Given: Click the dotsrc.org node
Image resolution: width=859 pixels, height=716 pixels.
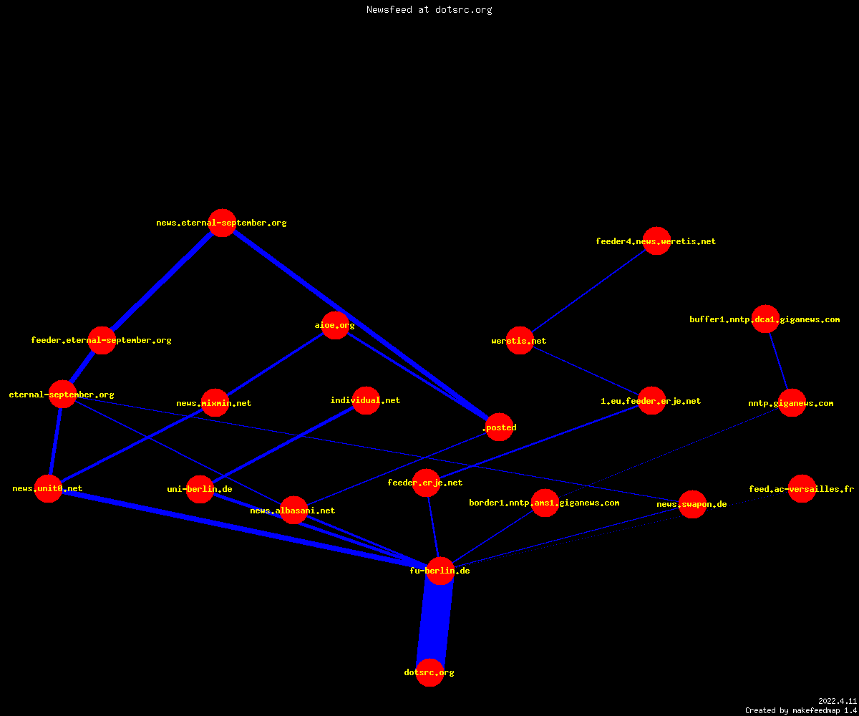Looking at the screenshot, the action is tap(429, 672).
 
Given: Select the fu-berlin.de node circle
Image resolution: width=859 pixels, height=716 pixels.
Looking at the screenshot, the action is tap(440, 571).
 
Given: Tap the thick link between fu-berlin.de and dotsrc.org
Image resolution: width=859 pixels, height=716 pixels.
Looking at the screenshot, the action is tap(435, 621).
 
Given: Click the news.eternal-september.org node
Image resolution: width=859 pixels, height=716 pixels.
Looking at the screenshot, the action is tap(222, 223).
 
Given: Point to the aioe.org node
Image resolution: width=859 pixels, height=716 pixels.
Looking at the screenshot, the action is tap(335, 325).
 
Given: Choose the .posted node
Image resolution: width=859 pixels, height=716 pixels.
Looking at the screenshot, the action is tap(499, 427).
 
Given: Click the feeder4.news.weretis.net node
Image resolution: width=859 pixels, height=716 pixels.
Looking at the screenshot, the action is tap(656, 241).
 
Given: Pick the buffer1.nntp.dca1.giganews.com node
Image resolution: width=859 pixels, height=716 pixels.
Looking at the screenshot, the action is tap(765, 319).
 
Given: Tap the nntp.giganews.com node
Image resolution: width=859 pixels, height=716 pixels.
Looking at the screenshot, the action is tap(792, 403).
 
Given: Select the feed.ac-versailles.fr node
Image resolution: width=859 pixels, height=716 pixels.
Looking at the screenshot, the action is tap(802, 489).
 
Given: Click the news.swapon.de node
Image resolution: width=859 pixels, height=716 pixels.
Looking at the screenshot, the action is tap(692, 504).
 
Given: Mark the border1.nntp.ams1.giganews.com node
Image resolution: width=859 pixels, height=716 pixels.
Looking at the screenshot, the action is tap(545, 503).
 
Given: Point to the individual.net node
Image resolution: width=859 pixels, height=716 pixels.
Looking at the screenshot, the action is tap(366, 400).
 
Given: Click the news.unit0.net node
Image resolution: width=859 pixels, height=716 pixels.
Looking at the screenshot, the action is tap(48, 488).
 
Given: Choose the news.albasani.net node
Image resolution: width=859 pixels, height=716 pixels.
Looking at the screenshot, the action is tap(293, 511).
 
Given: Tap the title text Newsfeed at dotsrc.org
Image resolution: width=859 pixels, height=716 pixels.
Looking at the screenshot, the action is tap(429, 9).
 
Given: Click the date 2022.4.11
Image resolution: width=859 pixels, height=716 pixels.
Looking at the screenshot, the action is tap(838, 701).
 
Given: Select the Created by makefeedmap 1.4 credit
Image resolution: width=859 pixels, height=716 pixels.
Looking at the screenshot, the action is tap(801, 710).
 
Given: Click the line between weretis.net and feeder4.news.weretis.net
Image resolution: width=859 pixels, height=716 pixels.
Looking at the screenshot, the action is tap(588, 291).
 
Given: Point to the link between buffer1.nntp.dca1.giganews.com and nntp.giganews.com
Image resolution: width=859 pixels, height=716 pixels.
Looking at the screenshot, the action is tap(778, 361).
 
